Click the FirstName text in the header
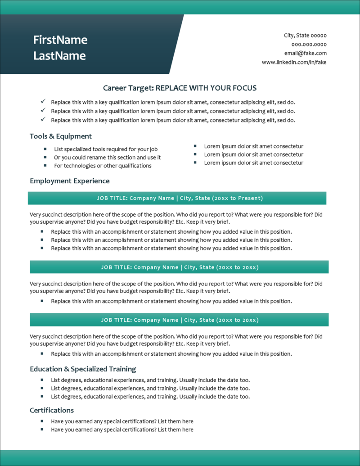(60, 40)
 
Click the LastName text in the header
(59, 56)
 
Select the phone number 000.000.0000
(309, 45)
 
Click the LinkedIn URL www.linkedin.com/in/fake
(294, 62)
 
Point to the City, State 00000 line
(305, 36)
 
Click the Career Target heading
(180, 88)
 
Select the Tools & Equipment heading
(61, 136)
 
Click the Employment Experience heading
(69, 181)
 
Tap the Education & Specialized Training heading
(83, 369)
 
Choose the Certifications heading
(52, 410)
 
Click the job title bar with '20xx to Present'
(177, 198)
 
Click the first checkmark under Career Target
(43, 102)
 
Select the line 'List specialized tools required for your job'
(106, 149)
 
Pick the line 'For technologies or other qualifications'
(103, 166)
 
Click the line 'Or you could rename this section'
(107, 158)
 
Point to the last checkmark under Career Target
(43, 119)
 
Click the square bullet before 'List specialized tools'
(45, 149)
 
